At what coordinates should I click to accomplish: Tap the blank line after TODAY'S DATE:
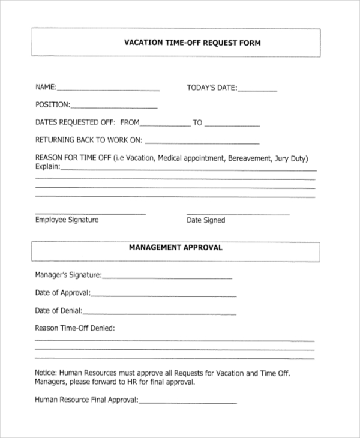point(257,90)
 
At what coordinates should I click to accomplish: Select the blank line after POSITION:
point(114,107)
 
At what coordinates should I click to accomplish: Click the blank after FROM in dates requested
point(164,125)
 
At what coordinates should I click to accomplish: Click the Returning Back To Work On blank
point(202,143)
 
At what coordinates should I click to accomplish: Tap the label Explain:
point(47,167)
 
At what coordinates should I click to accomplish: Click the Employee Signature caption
point(67,220)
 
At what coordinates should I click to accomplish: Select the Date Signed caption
point(206,220)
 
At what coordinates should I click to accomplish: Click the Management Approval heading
point(175,247)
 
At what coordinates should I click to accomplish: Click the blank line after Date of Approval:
point(163,295)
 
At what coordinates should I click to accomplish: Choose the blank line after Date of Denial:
point(160,313)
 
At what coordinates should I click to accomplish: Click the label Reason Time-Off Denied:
point(74,328)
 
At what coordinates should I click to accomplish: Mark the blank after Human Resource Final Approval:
point(188,402)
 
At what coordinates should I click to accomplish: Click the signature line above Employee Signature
point(90,214)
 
